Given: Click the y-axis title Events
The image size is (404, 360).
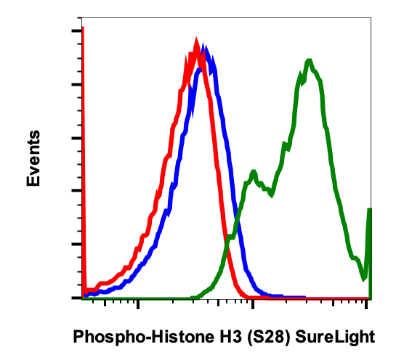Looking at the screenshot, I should [33, 158].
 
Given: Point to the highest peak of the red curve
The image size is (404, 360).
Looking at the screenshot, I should [196, 41].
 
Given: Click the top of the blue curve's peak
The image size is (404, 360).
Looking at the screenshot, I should [207, 50].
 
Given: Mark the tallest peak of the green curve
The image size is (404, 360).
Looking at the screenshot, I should [310, 61].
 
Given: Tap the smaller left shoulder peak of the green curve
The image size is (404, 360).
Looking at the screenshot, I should [253, 172].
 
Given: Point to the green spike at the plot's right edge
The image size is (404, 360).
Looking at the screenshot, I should [370, 210].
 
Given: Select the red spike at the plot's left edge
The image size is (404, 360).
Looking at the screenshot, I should [83, 29].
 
